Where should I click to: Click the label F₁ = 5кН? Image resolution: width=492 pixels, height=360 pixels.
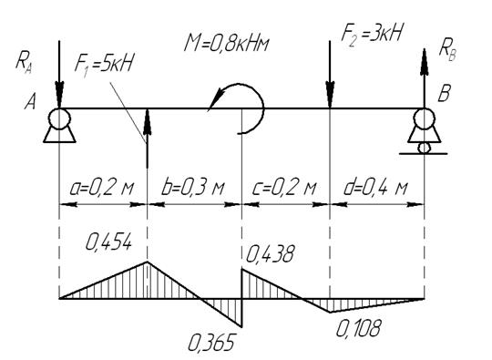(104, 64)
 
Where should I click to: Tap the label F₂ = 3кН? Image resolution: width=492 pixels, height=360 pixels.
(372, 33)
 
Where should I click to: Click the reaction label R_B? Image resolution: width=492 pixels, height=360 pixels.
(447, 50)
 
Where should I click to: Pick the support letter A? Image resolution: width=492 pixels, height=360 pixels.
(30, 101)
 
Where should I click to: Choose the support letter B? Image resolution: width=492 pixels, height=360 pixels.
(445, 93)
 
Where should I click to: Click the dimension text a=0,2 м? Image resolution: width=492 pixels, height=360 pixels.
(102, 188)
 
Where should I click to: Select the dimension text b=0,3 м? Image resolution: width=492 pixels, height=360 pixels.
(192, 188)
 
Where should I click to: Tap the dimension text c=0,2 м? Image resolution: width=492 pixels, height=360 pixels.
(284, 188)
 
